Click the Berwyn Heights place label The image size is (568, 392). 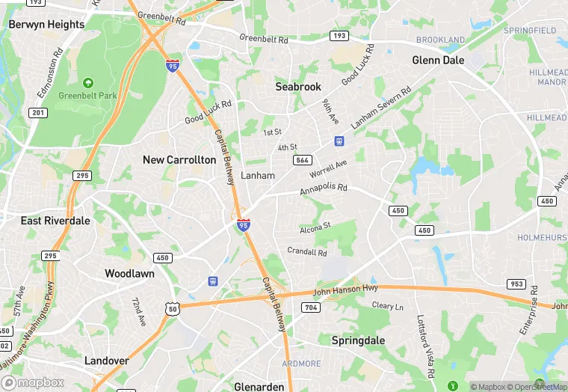(x=46, y=25)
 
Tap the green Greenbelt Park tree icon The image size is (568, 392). (x=88, y=83)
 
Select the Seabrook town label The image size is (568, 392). (x=298, y=87)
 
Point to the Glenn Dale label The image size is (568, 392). (x=438, y=61)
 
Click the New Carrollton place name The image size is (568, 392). (x=179, y=159)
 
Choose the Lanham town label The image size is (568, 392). (x=258, y=176)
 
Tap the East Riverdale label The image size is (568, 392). (x=55, y=221)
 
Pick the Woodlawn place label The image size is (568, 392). (x=129, y=274)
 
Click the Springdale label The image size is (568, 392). (x=358, y=340)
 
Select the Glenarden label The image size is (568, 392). (x=259, y=387)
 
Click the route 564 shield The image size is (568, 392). (x=303, y=161)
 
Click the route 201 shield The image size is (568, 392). (x=38, y=113)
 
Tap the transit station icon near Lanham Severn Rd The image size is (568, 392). (x=339, y=141)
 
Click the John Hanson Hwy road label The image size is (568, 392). (x=346, y=290)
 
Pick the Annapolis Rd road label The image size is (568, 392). (x=324, y=190)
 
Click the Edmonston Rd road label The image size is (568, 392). (x=49, y=74)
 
